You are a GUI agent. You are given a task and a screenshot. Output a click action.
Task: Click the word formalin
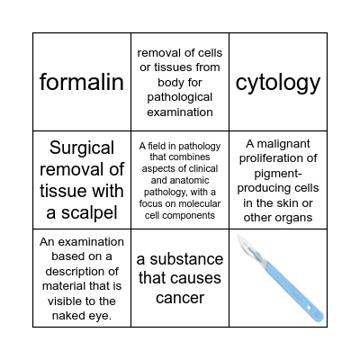coord(82,83)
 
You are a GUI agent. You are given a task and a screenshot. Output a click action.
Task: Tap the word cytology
coord(277,83)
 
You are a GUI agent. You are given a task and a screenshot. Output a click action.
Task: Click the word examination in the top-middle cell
coord(180,112)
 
